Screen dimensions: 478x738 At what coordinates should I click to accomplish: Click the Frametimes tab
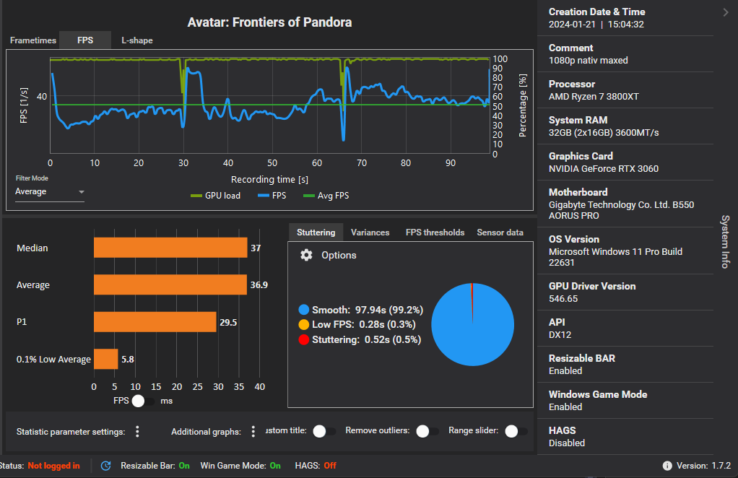tap(32, 40)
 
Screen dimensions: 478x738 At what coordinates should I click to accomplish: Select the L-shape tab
tap(136, 40)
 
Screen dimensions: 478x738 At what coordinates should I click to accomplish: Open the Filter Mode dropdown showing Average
tap(50, 191)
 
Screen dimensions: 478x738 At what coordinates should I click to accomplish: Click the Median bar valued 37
tap(170, 248)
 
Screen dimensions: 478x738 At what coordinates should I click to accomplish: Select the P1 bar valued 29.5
tap(155, 322)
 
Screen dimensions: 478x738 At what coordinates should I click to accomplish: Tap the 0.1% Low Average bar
tap(105, 359)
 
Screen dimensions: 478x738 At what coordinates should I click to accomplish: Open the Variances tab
tap(370, 233)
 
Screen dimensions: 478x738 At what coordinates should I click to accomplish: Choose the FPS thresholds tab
tap(435, 233)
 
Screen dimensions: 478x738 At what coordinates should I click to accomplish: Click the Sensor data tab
tap(500, 233)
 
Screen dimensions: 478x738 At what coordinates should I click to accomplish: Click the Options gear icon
tap(306, 255)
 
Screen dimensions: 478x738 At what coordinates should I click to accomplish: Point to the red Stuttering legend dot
tap(303, 339)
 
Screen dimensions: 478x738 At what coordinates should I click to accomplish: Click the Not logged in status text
tap(53, 466)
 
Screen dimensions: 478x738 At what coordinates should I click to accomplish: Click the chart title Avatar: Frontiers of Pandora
tap(269, 22)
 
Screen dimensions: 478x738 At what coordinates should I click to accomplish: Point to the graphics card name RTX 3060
tap(603, 169)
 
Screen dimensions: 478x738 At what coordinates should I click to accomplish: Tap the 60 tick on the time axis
tap(317, 163)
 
